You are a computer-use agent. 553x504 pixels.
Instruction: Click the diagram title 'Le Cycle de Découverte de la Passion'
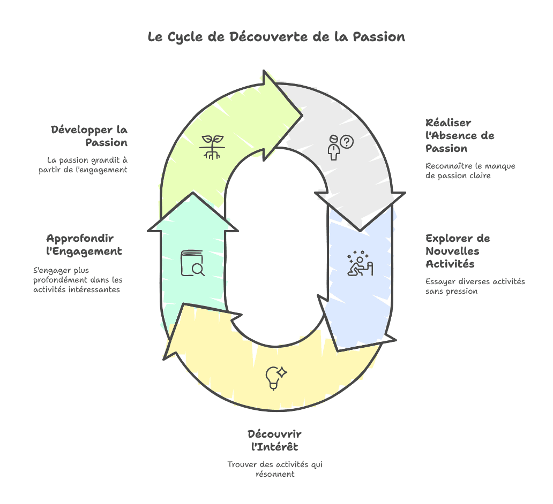point(276,37)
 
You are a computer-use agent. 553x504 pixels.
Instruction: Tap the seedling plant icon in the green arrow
point(212,147)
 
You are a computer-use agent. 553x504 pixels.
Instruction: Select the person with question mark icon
point(340,147)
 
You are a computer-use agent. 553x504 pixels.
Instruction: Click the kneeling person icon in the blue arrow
point(360,263)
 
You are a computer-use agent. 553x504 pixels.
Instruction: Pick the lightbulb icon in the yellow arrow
point(276,378)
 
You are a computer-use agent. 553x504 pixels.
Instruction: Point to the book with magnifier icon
point(192,263)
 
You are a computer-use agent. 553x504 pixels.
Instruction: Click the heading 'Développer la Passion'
point(89,136)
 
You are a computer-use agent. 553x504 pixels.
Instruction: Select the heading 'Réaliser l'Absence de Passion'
point(460,135)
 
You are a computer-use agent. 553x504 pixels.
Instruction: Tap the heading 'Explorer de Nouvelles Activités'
point(458,251)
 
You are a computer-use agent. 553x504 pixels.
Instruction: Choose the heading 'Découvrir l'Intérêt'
point(275,440)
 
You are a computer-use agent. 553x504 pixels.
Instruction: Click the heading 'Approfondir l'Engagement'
point(84,245)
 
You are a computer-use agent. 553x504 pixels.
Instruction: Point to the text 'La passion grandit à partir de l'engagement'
point(83,165)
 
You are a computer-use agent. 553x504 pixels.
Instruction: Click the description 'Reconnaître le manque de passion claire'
point(470,171)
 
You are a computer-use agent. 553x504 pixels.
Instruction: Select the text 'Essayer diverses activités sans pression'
point(475,286)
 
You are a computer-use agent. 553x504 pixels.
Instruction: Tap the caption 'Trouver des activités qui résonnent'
point(275,469)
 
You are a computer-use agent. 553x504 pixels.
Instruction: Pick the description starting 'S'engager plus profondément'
point(78,280)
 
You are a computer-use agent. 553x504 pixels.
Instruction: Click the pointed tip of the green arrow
point(302,115)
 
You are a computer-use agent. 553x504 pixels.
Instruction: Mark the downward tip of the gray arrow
point(360,231)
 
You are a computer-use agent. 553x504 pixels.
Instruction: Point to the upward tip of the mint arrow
point(193,192)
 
